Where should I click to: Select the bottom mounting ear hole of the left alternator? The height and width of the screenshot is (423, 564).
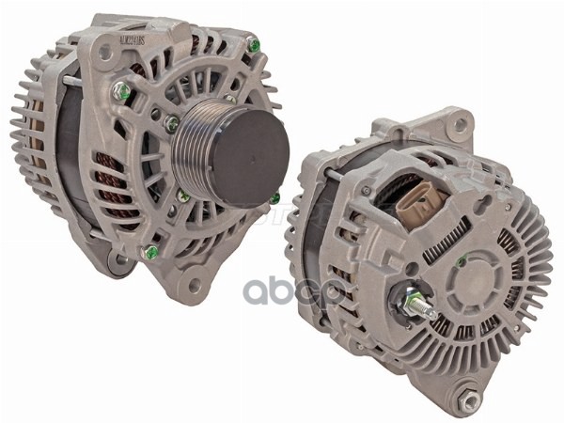(195, 283)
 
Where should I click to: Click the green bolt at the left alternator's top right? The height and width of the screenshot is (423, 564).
(254, 44)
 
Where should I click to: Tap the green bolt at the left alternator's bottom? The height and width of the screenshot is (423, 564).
(150, 252)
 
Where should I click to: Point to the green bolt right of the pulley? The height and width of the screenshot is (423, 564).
(275, 198)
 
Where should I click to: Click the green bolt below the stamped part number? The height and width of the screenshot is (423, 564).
(120, 91)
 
